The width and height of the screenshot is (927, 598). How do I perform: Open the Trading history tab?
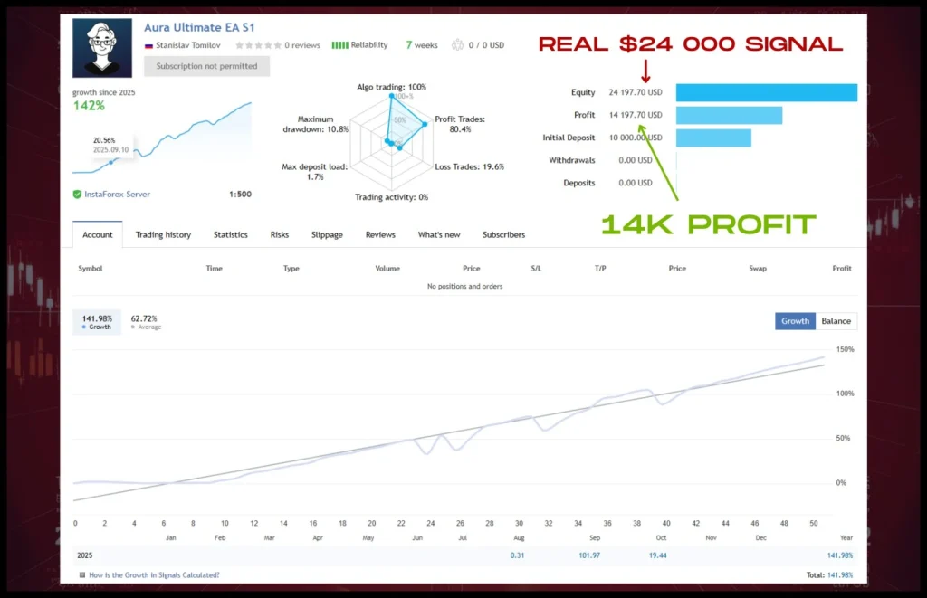pos(163,234)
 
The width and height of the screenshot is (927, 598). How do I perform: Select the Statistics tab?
pos(230,234)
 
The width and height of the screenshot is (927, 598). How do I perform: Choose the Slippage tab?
pos(327,234)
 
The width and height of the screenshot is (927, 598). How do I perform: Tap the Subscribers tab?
pos(503,234)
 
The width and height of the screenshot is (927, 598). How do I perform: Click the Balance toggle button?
pos(836,321)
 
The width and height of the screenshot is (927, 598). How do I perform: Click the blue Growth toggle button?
pos(795,321)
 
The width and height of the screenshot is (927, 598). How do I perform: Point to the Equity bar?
pos(766,92)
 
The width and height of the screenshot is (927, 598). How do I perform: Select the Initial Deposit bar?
pos(713,138)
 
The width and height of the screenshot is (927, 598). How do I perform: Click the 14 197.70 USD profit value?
pos(636,115)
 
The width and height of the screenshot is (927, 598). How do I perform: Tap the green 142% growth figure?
pos(89,106)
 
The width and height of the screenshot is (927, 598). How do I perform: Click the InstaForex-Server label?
pos(117,194)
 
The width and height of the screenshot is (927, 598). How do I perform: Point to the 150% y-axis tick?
pos(846,349)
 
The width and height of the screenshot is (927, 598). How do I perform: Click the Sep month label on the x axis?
pos(594,537)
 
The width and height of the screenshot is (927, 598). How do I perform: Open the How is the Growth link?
pos(154,574)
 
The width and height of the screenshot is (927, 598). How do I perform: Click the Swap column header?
pos(758,269)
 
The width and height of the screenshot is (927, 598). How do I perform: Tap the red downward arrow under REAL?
pos(645,70)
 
